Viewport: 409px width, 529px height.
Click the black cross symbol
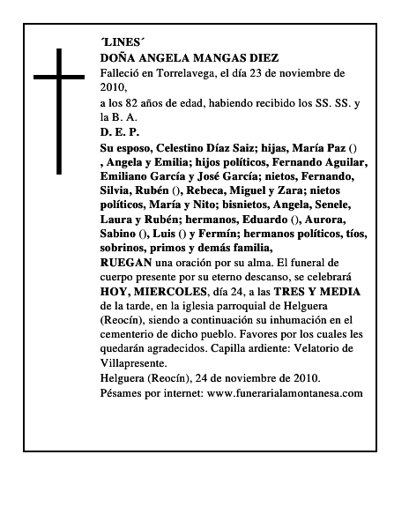click(x=59, y=110)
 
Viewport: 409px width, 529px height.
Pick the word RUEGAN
click(x=126, y=262)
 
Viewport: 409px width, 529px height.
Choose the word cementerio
click(x=131, y=333)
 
